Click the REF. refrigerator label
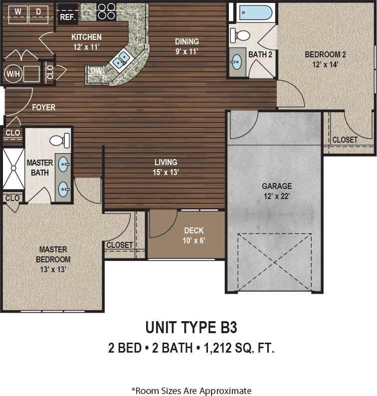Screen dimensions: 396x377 click(67, 17)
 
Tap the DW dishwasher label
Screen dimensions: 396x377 click(96, 71)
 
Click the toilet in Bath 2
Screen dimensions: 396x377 click(241, 35)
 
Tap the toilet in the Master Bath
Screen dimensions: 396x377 click(60, 140)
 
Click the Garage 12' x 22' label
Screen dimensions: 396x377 click(277, 191)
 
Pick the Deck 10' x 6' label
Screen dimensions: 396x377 click(194, 235)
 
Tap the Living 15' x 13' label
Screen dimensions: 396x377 click(166, 167)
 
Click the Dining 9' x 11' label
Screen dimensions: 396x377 click(187, 46)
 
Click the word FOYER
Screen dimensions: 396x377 click(44, 107)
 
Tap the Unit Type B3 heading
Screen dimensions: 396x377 click(191, 328)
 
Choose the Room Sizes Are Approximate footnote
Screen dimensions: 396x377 click(191, 391)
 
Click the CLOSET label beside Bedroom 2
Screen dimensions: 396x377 click(345, 140)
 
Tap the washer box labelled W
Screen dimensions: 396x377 click(17, 11)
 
